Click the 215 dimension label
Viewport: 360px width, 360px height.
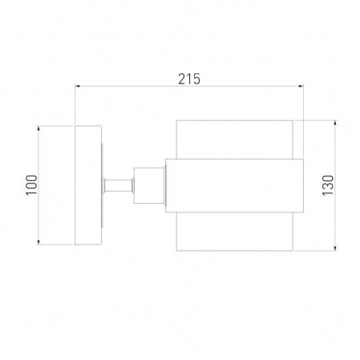point(189,79)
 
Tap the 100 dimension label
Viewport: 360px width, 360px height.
point(31,185)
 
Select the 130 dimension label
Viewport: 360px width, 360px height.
point(328,185)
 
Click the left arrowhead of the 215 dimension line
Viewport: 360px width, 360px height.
point(78,86)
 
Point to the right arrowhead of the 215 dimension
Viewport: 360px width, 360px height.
point(301,86)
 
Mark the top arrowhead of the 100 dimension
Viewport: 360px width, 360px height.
point(38,128)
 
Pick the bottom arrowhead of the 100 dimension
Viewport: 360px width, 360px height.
point(38,242)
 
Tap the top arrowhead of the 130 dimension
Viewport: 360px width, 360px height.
point(336,123)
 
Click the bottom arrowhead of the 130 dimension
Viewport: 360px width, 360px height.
point(336,248)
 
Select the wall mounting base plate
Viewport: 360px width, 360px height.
point(88,185)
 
